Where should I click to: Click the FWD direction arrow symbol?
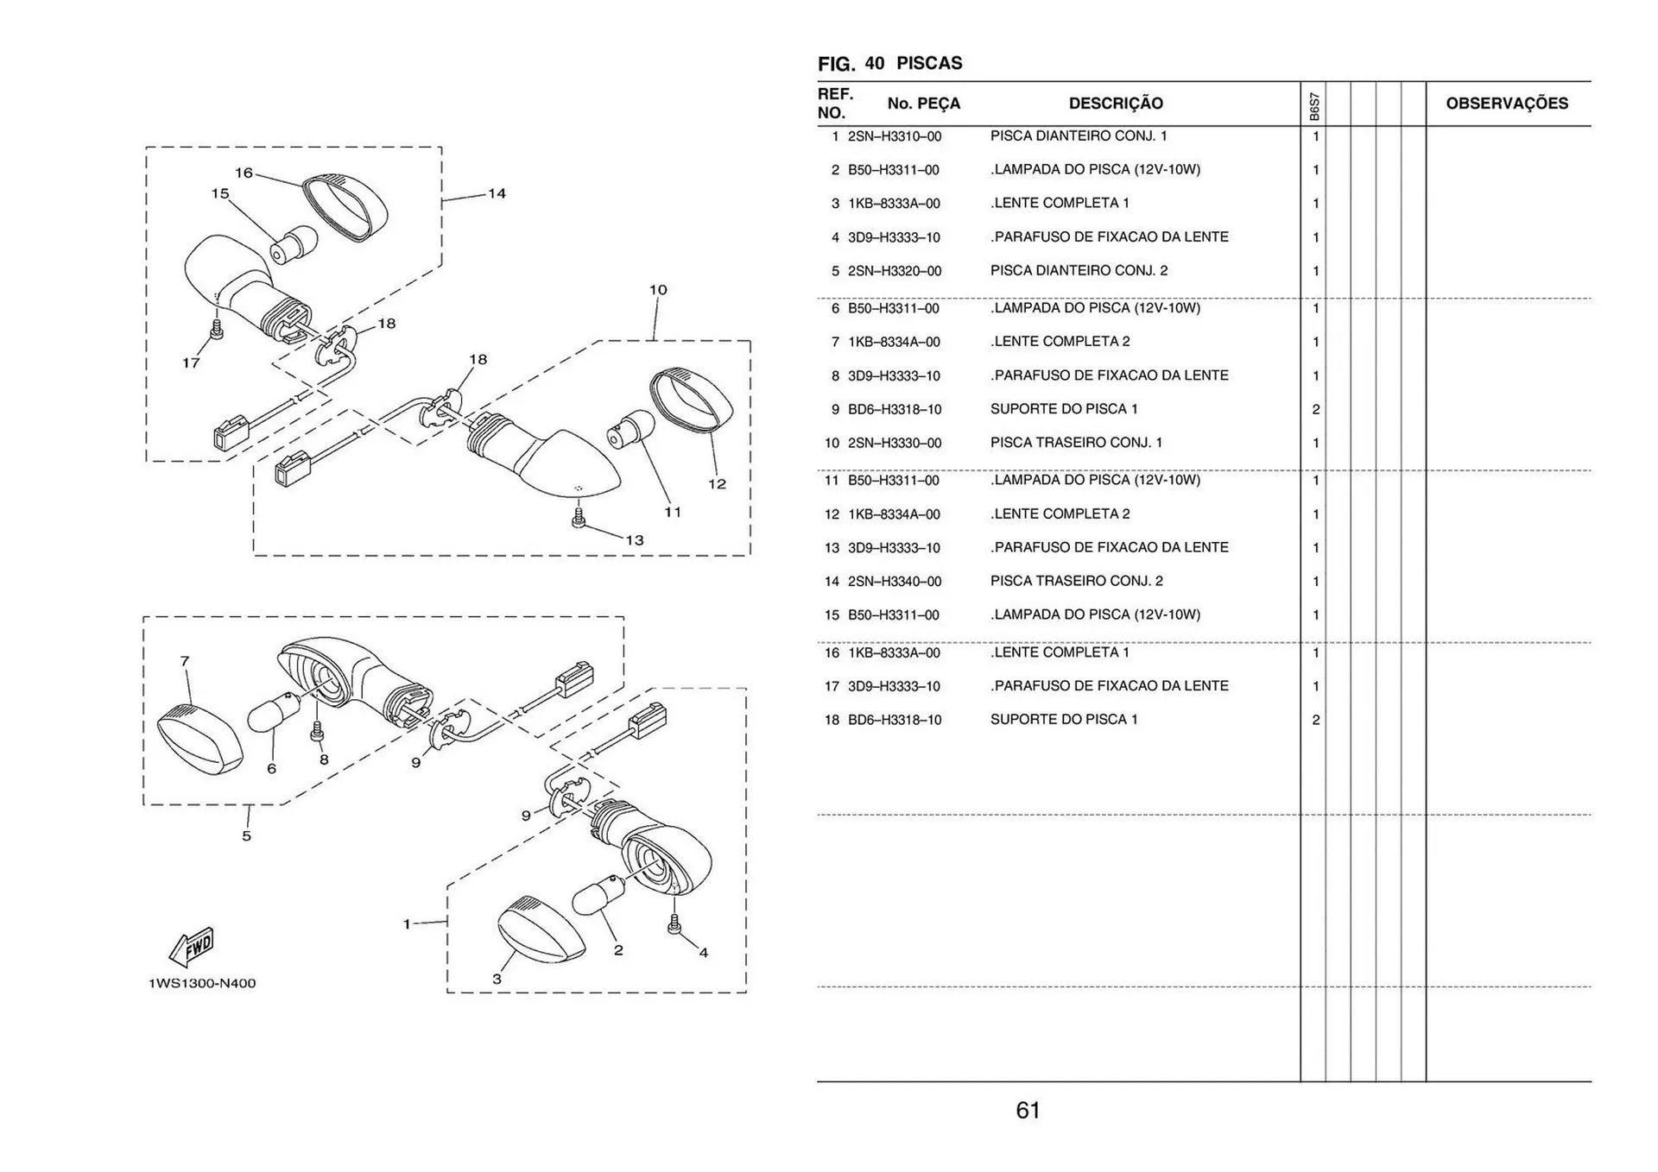point(192,947)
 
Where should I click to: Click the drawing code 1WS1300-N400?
point(202,983)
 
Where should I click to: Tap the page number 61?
point(1028,1110)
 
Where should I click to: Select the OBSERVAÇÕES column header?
point(1507,104)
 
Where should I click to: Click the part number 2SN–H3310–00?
point(895,136)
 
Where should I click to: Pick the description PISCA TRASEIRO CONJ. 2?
point(1076,581)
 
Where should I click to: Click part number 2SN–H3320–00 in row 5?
point(895,271)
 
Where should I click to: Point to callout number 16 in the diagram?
point(244,173)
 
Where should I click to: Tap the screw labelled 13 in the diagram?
point(579,518)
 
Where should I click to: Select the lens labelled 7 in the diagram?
point(199,739)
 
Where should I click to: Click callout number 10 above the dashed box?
point(658,290)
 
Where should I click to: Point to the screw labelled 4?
point(674,924)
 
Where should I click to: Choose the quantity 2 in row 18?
point(1315,720)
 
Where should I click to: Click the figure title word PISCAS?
point(929,63)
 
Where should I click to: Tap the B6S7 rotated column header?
point(1313,107)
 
